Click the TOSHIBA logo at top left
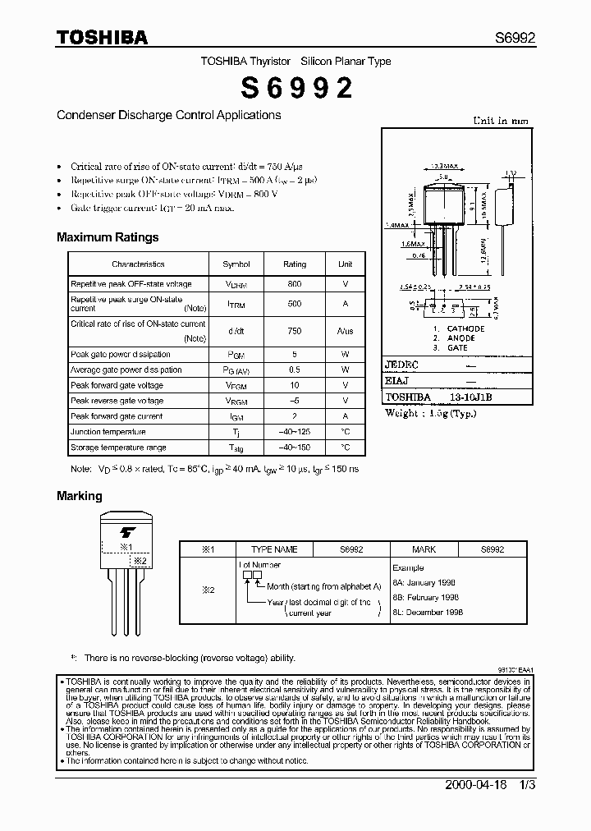102,37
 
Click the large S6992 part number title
295,89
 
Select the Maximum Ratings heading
108,237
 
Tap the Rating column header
295,264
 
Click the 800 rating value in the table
295,284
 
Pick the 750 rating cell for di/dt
295,331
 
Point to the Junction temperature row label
108,432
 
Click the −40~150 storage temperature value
295,448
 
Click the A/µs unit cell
345,331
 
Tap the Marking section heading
80,496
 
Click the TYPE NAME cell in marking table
274,549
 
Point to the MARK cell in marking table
424,549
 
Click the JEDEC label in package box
402,364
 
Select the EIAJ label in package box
398,380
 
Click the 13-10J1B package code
470,397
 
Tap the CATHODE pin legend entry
465,328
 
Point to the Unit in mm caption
501,121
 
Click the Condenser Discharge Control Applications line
169,115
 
